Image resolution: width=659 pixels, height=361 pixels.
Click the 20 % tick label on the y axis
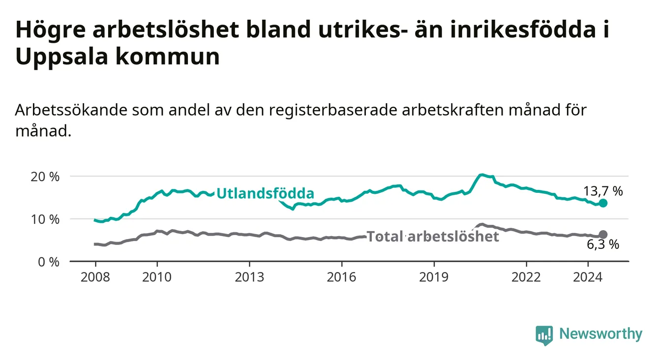(x=45, y=177)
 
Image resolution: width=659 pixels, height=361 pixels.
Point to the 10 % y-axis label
(x=45, y=219)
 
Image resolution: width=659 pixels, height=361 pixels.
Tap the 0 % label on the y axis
(x=49, y=262)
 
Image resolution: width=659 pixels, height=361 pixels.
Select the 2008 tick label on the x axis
(x=95, y=277)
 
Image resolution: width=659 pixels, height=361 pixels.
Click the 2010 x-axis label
(x=157, y=277)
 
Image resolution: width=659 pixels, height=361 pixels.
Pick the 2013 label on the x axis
(x=249, y=277)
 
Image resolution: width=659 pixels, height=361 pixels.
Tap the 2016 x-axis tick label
(x=342, y=277)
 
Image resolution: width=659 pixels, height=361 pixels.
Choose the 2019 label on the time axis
(x=434, y=277)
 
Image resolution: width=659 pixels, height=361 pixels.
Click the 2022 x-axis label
(x=526, y=277)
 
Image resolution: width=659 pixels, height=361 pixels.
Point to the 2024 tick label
(x=588, y=277)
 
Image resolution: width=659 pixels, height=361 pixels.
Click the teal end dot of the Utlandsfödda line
(x=603, y=203)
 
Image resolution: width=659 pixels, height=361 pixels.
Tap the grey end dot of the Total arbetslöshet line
(x=603, y=235)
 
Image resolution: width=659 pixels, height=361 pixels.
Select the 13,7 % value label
(x=603, y=191)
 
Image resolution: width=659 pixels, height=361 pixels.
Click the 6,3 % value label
(x=603, y=244)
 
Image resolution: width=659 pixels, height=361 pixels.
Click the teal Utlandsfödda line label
(x=266, y=193)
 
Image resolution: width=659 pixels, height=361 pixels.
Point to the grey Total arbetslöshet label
(x=433, y=236)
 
